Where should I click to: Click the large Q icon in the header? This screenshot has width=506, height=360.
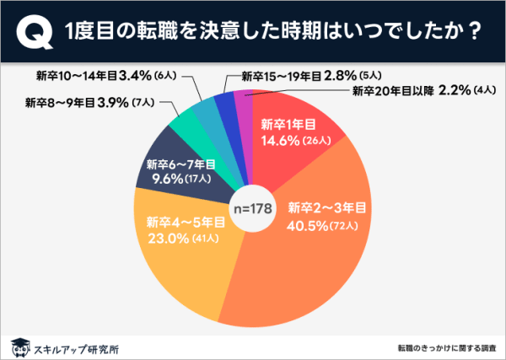tap(30, 31)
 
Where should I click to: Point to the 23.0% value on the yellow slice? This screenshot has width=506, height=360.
tap(159, 238)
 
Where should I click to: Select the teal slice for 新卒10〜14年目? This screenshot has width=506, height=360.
tap(205, 106)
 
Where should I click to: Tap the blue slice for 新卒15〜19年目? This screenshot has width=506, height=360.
tap(224, 99)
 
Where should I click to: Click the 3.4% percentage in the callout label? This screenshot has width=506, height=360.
tap(137, 74)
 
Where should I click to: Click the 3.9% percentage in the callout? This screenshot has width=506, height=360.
tap(111, 105)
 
